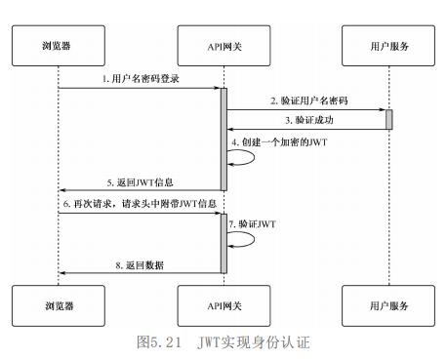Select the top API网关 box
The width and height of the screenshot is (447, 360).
tap(223, 45)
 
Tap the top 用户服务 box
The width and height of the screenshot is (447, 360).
tap(388, 45)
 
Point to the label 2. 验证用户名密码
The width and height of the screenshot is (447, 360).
tap(310, 101)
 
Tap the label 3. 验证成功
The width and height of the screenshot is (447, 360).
tap(310, 120)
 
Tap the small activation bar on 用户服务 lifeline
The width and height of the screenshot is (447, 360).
tap(388, 119)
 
